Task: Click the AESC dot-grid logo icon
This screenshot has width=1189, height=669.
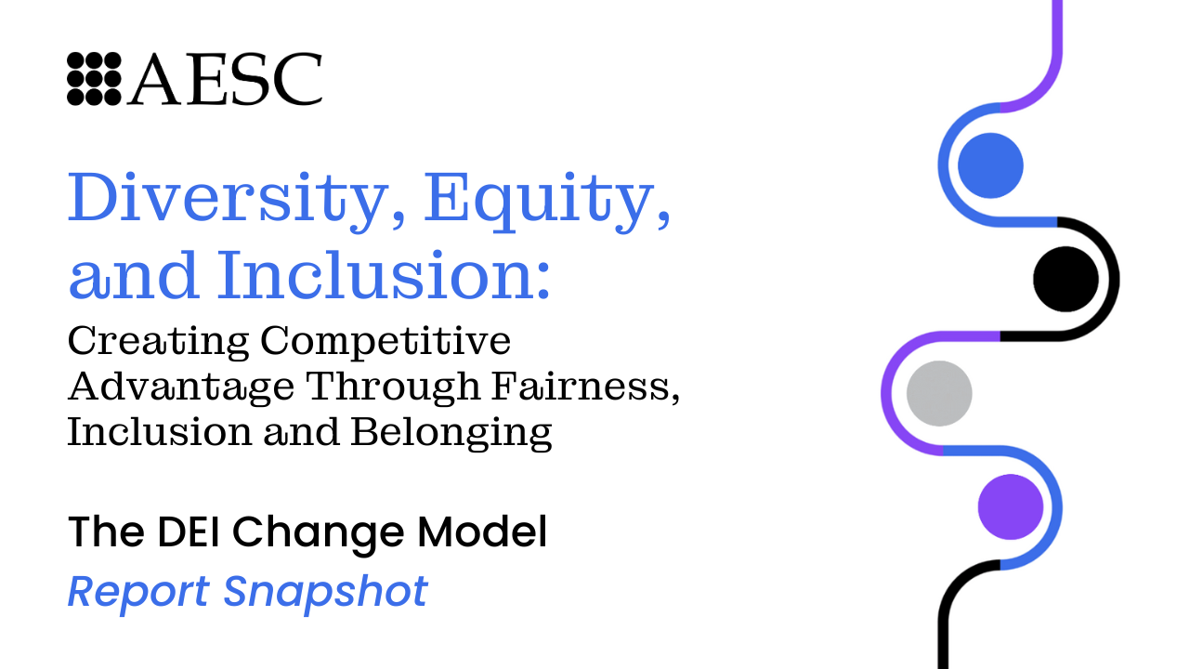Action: (x=94, y=79)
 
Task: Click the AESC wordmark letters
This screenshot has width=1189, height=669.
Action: (x=225, y=79)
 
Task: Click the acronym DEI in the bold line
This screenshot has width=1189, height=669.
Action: (x=189, y=531)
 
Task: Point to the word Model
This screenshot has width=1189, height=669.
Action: (x=482, y=531)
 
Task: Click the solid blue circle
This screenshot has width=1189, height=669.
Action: (x=990, y=165)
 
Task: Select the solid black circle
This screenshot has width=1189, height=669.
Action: (x=1065, y=280)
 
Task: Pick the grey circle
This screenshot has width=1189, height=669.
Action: (x=939, y=393)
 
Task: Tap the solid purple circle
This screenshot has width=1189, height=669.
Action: (x=1011, y=507)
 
